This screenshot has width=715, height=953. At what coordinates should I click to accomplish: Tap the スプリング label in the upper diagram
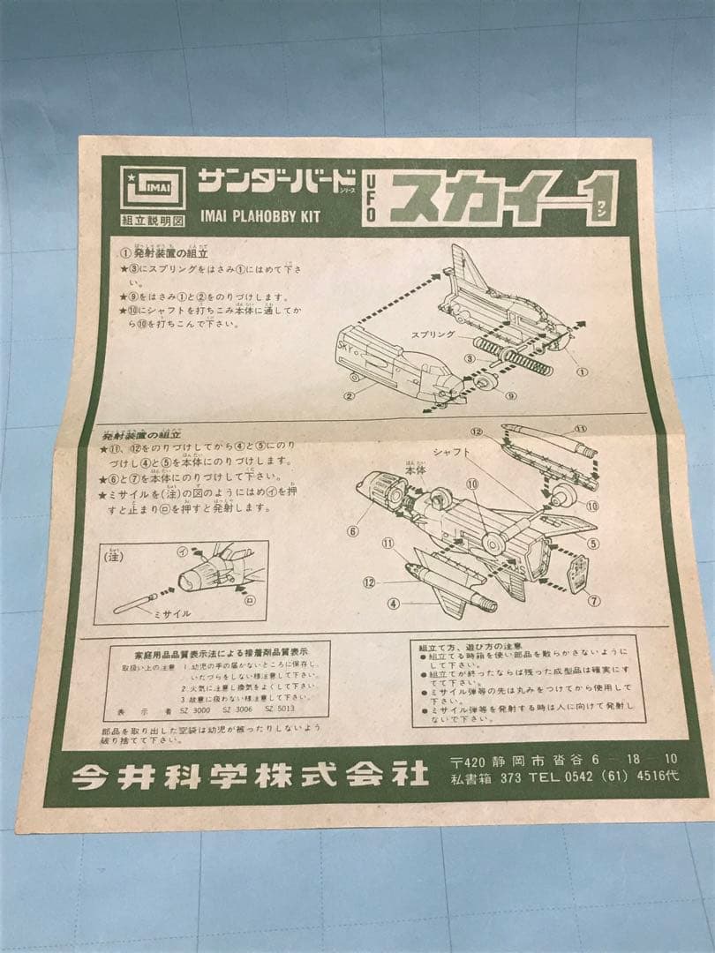(x=433, y=334)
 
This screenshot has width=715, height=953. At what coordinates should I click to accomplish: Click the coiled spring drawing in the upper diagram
(x=513, y=359)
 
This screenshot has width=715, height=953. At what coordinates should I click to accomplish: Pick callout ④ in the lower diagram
(x=393, y=604)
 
